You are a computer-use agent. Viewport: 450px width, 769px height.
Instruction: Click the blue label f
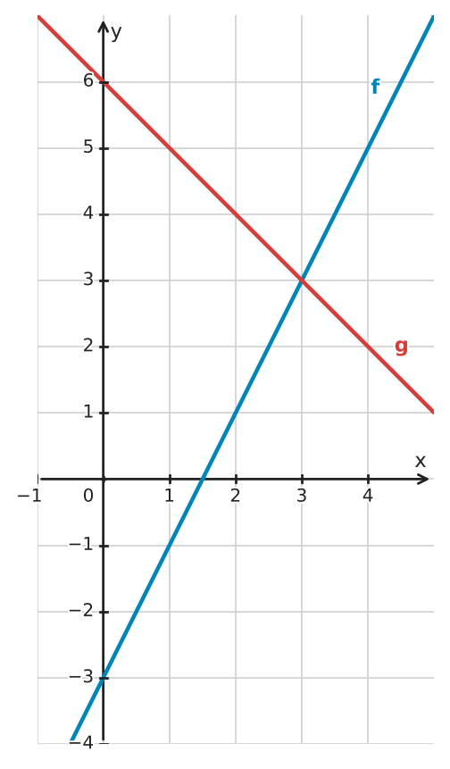click(375, 87)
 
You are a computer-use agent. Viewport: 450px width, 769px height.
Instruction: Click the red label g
click(401, 347)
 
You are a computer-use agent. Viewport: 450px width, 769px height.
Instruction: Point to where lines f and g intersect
click(302, 280)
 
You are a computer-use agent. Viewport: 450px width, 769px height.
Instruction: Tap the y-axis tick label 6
click(88, 80)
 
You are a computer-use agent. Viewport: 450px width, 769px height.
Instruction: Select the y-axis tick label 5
click(88, 146)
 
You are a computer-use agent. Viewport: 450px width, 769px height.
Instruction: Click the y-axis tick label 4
click(88, 213)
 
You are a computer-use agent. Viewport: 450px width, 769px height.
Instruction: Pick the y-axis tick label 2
click(88, 345)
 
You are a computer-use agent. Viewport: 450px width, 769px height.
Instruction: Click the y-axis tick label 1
click(88, 411)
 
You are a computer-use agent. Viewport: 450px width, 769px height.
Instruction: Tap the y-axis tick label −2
click(81, 610)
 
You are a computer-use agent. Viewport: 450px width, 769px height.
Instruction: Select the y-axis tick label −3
click(81, 676)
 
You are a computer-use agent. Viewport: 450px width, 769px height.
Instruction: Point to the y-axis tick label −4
click(81, 742)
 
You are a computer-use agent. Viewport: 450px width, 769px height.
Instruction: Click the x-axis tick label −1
click(29, 496)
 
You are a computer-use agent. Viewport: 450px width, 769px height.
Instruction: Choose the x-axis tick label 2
click(236, 496)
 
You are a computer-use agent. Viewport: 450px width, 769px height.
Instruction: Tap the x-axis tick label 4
click(368, 496)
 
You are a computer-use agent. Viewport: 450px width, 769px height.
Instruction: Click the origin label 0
click(88, 496)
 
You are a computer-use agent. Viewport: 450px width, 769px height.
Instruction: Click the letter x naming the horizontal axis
click(421, 461)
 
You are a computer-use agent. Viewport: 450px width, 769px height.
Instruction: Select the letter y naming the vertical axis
click(116, 33)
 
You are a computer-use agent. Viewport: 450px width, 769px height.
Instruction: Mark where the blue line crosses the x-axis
click(203, 479)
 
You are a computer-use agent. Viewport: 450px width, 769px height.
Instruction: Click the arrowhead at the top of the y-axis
click(103, 26)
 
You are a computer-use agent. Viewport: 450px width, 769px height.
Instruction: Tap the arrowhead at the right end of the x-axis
click(423, 479)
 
